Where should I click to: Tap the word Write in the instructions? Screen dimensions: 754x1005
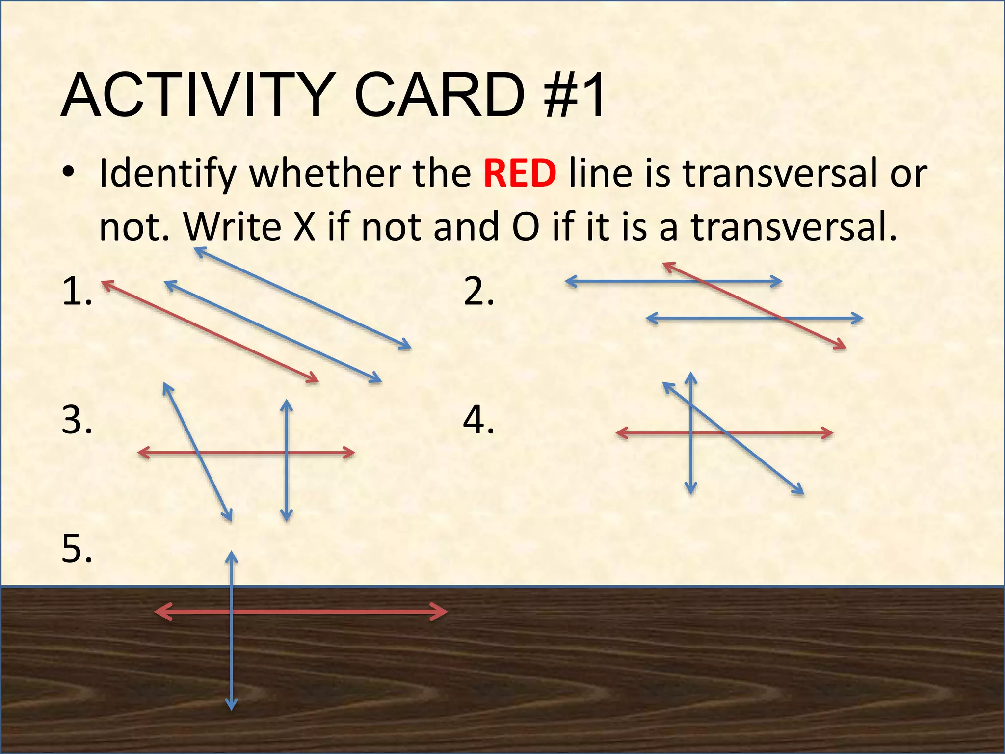(x=232, y=226)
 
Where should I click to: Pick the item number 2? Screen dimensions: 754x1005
(x=478, y=292)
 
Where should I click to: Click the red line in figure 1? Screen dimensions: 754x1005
(x=210, y=331)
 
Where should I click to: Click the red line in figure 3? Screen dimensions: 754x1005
(x=245, y=453)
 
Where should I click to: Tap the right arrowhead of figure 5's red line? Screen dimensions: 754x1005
(x=441, y=612)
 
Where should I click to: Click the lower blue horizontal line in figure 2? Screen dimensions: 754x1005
(x=712, y=318)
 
